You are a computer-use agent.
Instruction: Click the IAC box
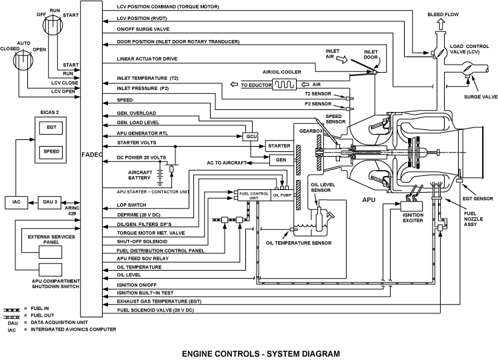coord(16,201)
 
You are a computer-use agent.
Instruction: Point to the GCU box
coord(251,136)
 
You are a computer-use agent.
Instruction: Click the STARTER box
coord(279,145)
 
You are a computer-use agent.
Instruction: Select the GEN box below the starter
coord(279,160)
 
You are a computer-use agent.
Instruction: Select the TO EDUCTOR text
coord(253,85)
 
